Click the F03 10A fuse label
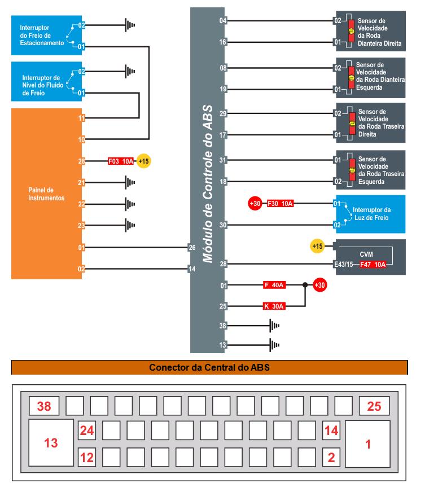click(x=121, y=161)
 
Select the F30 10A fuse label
click(x=281, y=203)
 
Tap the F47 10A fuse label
click(x=373, y=264)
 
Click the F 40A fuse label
click(x=274, y=285)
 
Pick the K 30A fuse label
click(x=274, y=306)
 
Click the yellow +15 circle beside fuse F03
click(x=144, y=161)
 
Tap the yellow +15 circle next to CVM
click(x=318, y=247)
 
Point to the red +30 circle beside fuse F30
click(x=255, y=203)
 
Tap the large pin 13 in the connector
click(x=51, y=442)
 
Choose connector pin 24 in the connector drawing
click(x=86, y=431)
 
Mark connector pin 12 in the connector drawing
click(x=86, y=455)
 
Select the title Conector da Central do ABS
click(x=209, y=368)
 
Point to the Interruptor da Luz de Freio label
click(x=371, y=214)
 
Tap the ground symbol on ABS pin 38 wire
click(x=274, y=326)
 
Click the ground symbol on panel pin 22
click(x=130, y=204)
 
